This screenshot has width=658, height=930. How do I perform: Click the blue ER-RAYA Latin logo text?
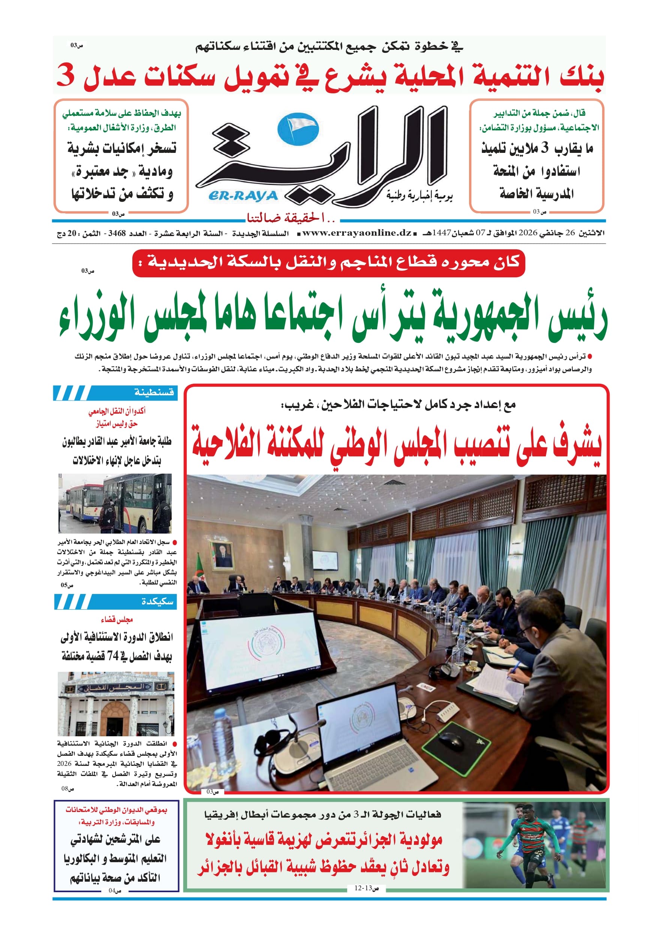(243, 196)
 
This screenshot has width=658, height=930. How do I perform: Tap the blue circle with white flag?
(298, 129)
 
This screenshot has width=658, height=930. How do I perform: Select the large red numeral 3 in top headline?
(66, 75)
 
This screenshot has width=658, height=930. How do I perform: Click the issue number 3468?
(117, 234)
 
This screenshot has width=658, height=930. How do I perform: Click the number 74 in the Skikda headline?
(113, 656)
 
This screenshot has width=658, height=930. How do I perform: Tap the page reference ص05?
(67, 585)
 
